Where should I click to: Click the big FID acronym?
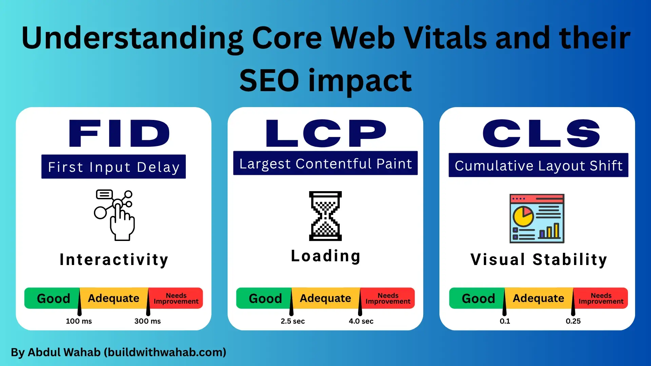tap(119, 133)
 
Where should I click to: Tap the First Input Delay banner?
tap(114, 166)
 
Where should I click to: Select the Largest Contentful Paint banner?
tap(325, 163)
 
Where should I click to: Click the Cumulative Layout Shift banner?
tap(538, 165)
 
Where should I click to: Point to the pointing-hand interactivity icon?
tap(115, 215)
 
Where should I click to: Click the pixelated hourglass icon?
tap(325, 216)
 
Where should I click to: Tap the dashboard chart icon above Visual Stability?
tap(537, 219)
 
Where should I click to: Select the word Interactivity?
tap(114, 260)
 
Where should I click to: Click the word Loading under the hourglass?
tap(325, 256)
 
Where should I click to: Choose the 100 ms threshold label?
tap(79, 321)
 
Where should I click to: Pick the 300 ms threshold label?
tap(147, 321)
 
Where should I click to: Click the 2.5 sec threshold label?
tap(293, 321)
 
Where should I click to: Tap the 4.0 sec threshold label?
tap(361, 321)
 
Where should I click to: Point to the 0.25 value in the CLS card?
tap(573, 321)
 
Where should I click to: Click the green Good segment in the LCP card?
tap(264, 298)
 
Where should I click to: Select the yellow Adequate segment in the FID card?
tap(114, 298)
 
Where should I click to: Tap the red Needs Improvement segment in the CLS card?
tap(600, 298)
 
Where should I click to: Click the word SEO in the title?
tap(269, 81)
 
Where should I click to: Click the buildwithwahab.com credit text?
tap(165, 352)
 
